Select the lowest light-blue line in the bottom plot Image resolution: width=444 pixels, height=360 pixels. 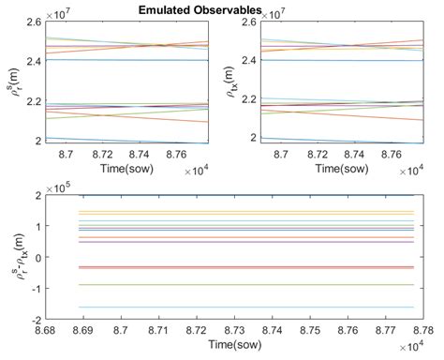click(234, 307)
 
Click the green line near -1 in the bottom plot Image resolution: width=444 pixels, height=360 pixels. click(234, 284)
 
